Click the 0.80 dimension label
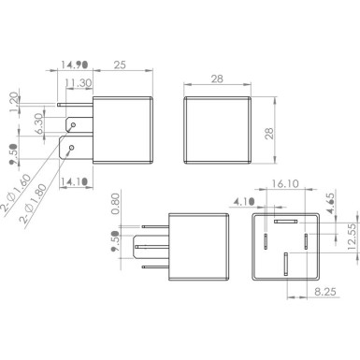click(x=116, y=203)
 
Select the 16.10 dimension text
click(x=284, y=187)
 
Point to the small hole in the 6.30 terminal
click(x=72, y=122)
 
